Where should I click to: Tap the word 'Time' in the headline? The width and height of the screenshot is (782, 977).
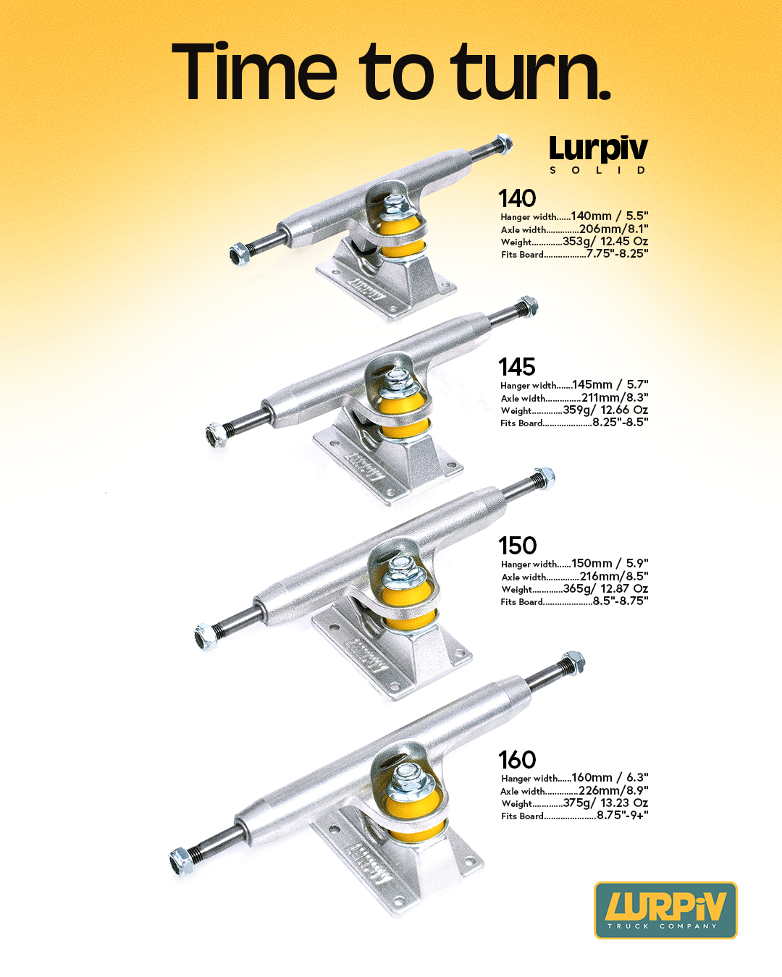(254, 71)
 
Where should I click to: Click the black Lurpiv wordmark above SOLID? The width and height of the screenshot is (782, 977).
(598, 149)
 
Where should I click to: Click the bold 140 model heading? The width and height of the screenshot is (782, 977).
(517, 198)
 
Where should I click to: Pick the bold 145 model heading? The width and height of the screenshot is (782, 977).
(517, 367)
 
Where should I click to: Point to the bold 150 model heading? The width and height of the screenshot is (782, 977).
(518, 546)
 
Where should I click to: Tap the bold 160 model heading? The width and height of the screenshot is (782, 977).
(518, 760)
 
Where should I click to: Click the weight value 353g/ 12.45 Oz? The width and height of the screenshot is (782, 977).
(605, 242)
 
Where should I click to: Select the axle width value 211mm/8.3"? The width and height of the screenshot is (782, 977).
(615, 398)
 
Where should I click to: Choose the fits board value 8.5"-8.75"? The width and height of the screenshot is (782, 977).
(621, 601)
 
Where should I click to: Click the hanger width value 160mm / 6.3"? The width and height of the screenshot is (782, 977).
(610, 778)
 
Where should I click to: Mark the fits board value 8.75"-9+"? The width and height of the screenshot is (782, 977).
(623, 815)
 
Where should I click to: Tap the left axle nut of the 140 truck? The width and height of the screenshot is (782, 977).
(238, 254)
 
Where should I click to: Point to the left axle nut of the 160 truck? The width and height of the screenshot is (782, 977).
(181, 861)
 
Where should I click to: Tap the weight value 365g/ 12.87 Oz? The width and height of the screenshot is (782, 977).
(606, 589)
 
